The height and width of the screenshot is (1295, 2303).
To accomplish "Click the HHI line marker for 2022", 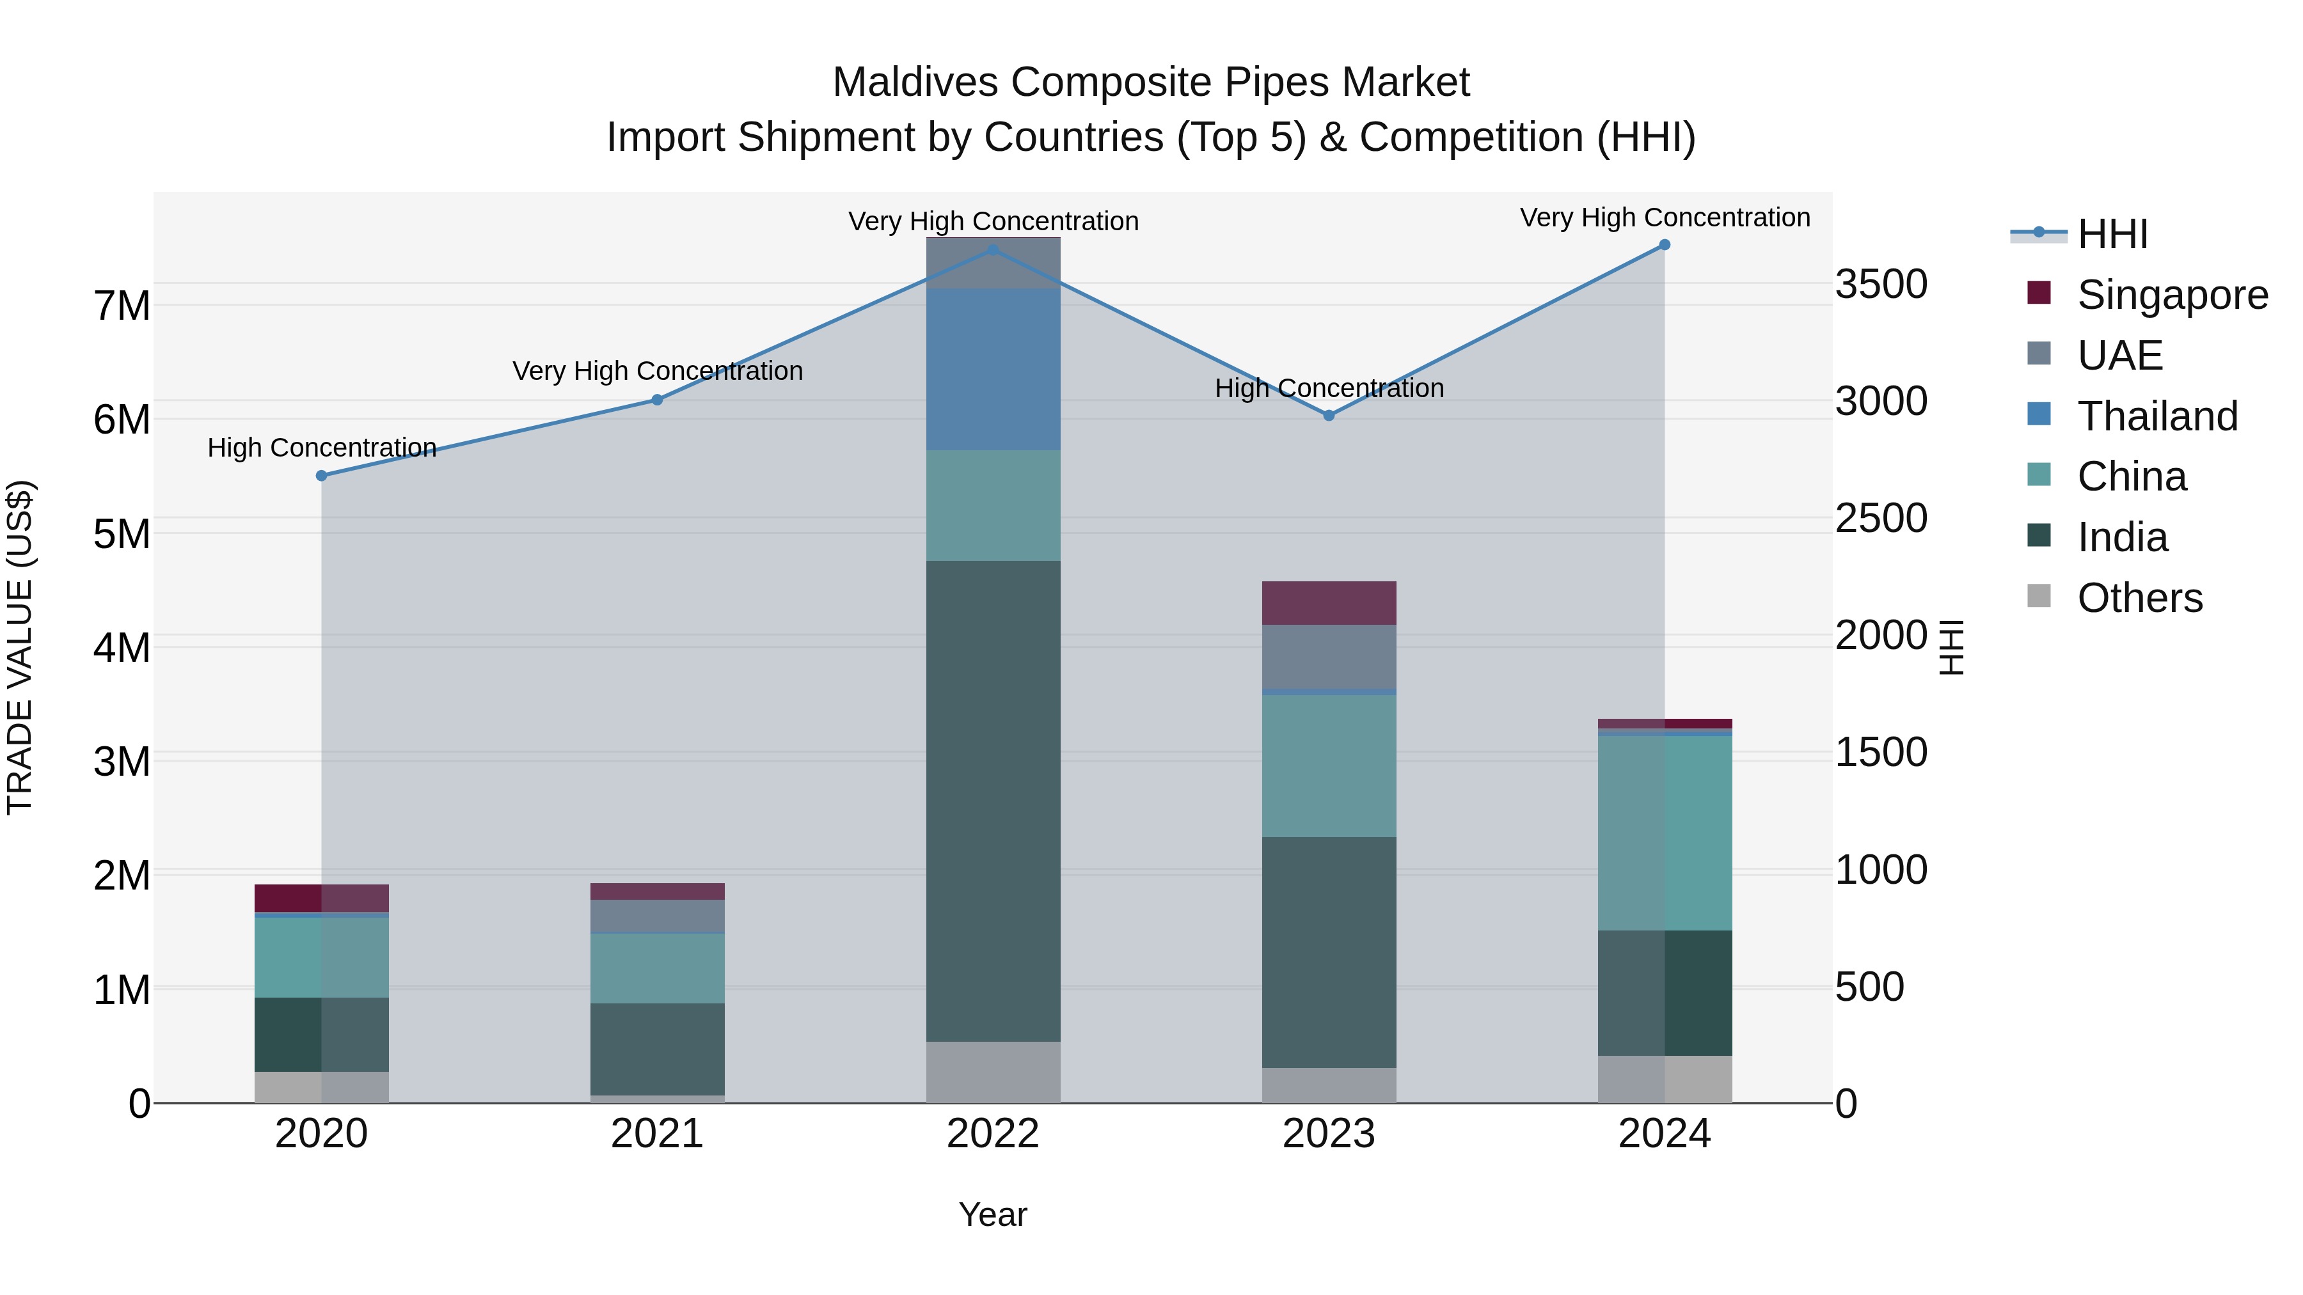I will pos(992,250).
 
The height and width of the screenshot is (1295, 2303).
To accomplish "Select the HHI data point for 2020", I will pos(322,475).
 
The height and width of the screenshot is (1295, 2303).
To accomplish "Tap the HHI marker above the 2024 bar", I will pos(1664,245).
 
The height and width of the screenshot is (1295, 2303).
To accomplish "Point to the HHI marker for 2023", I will pos(1329,416).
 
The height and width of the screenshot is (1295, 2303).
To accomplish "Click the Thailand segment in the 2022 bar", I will pos(992,368).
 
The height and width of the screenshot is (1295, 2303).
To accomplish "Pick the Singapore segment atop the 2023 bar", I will pos(1329,602).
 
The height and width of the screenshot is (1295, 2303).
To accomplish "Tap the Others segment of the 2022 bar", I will pos(992,1072).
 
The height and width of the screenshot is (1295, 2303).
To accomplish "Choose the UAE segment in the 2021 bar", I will pos(657,915).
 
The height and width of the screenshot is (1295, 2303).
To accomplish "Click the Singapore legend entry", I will pos(2172,295).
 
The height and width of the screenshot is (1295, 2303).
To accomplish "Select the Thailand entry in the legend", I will pos(2157,416).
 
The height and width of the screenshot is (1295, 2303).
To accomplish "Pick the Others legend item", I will pos(2139,598).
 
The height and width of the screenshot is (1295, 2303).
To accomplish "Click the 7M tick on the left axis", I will pos(122,306).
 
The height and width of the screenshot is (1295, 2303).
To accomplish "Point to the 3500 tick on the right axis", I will pos(1881,284).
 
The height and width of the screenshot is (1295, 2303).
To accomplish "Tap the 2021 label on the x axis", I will pos(657,1134).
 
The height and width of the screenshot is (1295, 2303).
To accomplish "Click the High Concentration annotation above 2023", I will pos(1329,388).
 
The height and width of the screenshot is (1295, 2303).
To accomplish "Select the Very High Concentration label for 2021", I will pos(657,370).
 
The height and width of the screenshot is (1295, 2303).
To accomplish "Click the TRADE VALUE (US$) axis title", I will pos(20,647).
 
